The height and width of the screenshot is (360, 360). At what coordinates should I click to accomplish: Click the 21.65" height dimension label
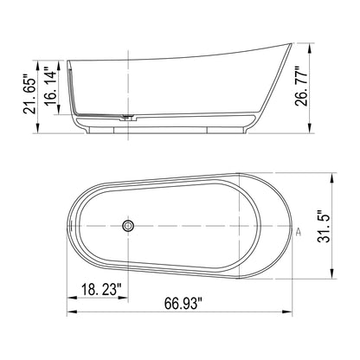pyautogui.click(x=29, y=93)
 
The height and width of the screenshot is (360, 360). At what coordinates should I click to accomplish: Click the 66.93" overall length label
pyautogui.click(x=182, y=304)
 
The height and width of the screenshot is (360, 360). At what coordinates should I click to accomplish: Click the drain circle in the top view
pyautogui.click(x=128, y=226)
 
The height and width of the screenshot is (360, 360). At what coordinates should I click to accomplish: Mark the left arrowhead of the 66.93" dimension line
pyautogui.click(x=70, y=313)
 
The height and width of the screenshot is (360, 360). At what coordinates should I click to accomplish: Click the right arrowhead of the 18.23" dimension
pyautogui.click(x=125, y=300)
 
